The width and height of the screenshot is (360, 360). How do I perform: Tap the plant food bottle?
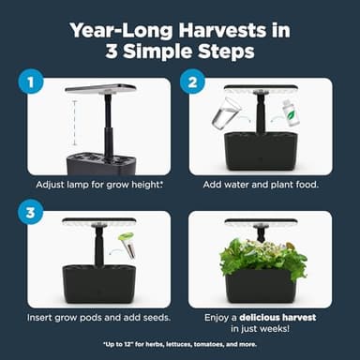pyautogui.click(x=292, y=112)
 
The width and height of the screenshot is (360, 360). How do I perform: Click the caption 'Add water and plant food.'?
pyautogui.click(x=262, y=185)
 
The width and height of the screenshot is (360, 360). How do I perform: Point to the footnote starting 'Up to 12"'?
pyautogui.click(x=180, y=345)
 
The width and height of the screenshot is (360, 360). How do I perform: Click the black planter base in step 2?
pyautogui.click(x=261, y=153)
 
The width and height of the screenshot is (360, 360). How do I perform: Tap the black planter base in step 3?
pyautogui.click(x=98, y=281)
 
